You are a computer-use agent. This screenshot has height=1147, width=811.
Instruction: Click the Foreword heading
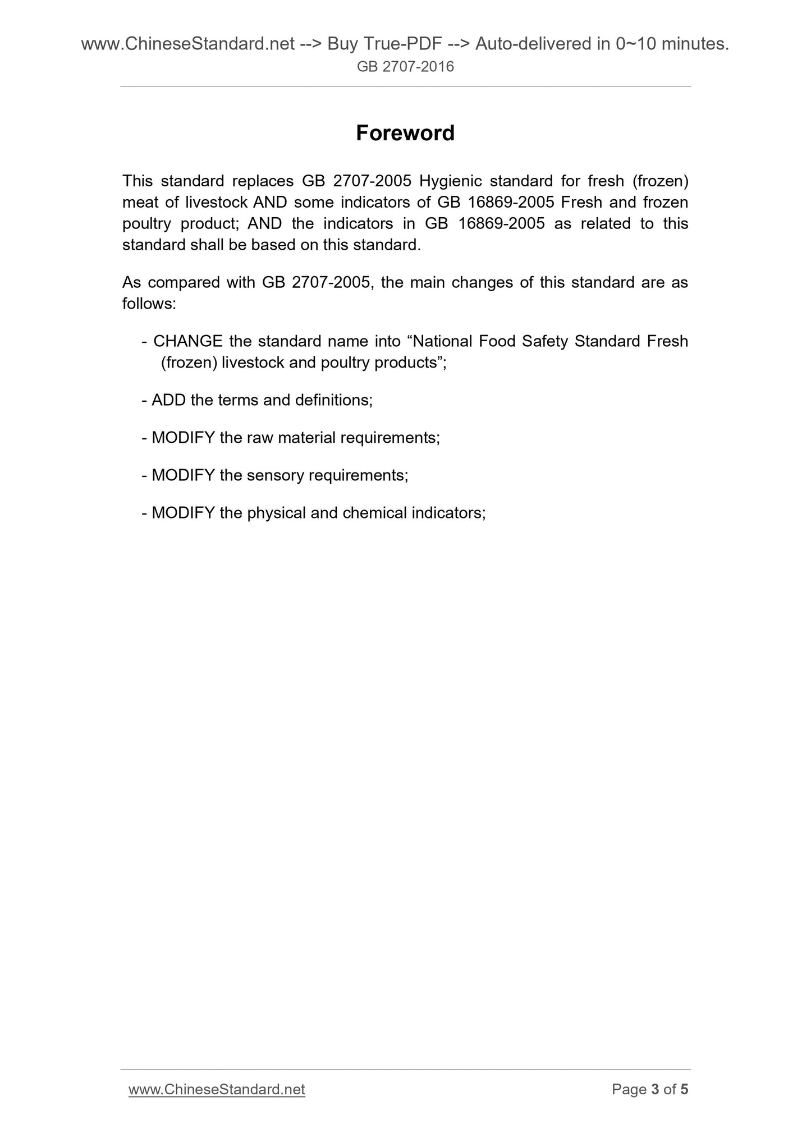point(405,134)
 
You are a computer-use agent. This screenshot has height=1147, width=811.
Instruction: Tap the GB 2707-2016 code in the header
point(405,67)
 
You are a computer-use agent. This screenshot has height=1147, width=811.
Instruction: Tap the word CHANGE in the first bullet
point(188,341)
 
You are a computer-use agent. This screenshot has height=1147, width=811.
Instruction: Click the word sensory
point(273,475)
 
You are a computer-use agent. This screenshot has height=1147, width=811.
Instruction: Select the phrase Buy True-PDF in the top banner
point(381,44)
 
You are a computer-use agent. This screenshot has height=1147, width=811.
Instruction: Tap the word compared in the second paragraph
point(184,282)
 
